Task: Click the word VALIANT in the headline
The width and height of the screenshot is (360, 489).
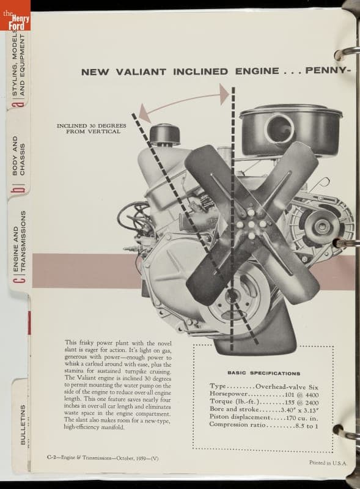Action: (x=141, y=72)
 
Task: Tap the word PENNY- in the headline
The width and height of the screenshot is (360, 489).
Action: (x=326, y=70)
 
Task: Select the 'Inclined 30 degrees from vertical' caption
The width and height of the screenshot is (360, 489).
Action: (x=92, y=128)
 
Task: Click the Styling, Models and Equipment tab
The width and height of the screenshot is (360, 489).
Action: (x=19, y=65)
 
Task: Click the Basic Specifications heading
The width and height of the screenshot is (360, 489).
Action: (x=264, y=373)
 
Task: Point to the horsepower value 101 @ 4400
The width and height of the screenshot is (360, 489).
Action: (x=302, y=394)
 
